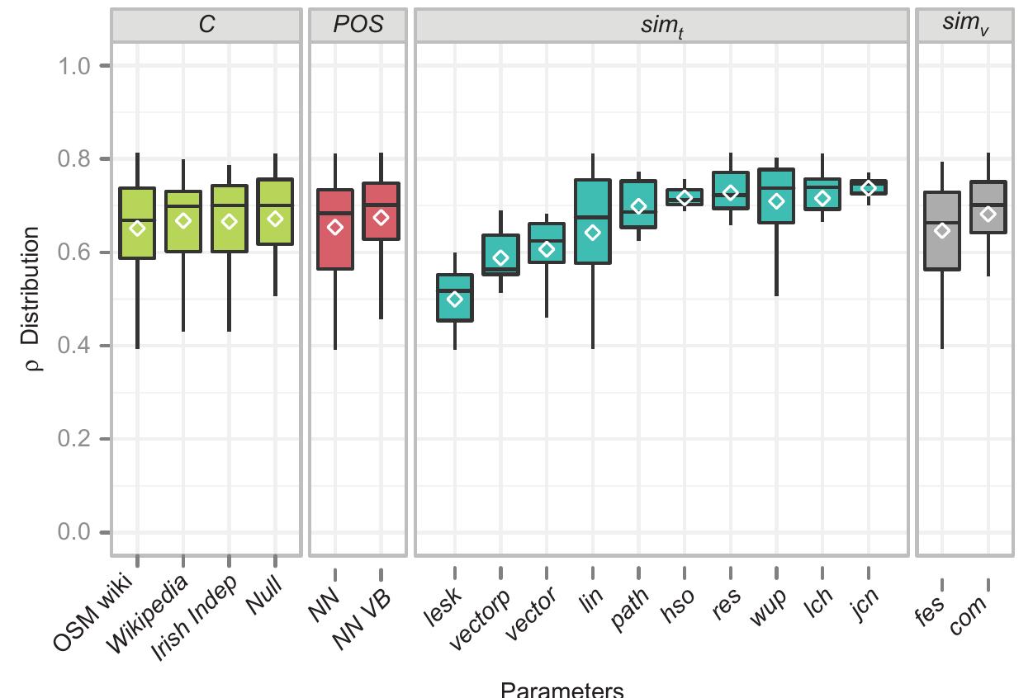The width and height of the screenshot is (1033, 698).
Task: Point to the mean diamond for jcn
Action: click(868, 188)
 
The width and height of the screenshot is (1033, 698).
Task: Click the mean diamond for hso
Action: click(685, 197)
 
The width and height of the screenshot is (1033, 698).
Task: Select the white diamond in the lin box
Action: click(593, 233)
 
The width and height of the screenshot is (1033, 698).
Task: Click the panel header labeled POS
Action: click(358, 25)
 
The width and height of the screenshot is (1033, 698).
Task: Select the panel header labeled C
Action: click(206, 25)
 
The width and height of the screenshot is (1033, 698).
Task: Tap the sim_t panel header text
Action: click(661, 26)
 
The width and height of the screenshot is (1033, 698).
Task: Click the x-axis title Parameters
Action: click(562, 689)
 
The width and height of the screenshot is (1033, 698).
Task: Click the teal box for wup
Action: click(776, 196)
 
